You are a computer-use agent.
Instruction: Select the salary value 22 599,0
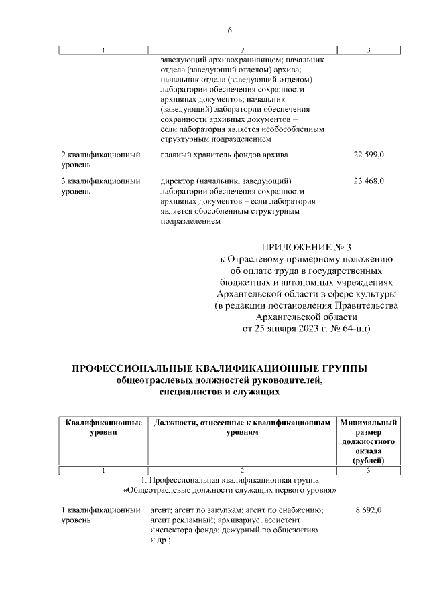click(x=368, y=155)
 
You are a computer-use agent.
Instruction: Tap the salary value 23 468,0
click(x=368, y=181)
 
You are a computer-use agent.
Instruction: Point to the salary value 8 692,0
click(x=368, y=510)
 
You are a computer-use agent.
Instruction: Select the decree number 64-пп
click(x=355, y=329)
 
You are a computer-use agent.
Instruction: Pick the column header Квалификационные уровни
click(x=103, y=428)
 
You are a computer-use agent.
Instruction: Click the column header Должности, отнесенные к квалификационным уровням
click(x=242, y=428)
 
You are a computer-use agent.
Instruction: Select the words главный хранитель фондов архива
click(x=224, y=155)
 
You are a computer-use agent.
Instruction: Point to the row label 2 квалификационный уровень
click(x=101, y=159)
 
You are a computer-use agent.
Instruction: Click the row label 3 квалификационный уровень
click(x=101, y=185)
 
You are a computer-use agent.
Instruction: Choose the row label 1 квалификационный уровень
click(x=101, y=515)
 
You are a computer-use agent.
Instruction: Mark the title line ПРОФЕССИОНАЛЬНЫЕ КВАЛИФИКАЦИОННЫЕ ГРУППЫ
click(x=219, y=369)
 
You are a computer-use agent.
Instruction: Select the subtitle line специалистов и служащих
click(x=219, y=393)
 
